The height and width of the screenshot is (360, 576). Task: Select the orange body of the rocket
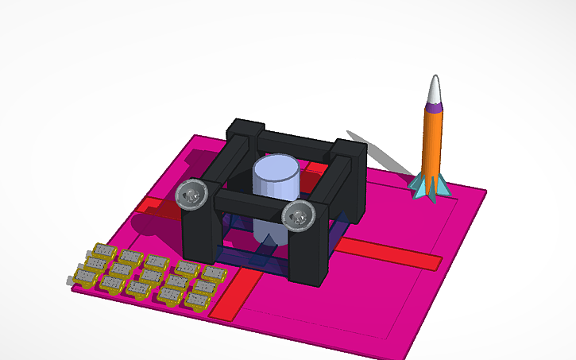click(431, 139)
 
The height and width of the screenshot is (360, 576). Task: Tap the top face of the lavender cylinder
click(275, 168)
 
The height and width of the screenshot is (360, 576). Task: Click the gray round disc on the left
click(191, 195)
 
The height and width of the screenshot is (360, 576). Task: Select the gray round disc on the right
click(299, 215)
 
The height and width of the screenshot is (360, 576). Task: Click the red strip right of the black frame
click(389, 254)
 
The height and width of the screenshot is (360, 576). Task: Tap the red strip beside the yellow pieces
click(235, 295)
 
